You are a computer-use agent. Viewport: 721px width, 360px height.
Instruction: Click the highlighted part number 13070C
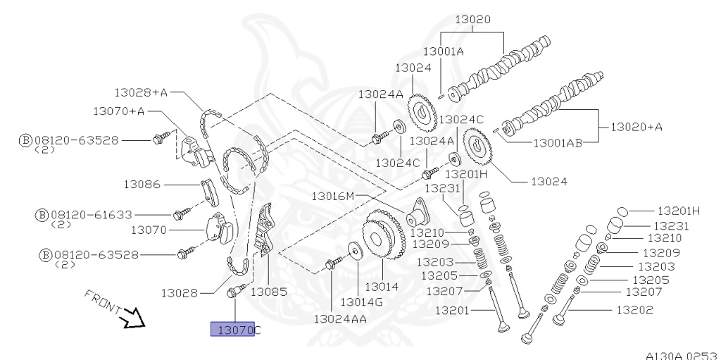tap(236, 329)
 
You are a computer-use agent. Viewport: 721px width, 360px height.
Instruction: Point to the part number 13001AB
tap(558, 142)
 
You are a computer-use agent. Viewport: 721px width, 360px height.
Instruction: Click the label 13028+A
tap(141, 92)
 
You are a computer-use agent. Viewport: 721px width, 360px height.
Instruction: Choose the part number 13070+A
tap(118, 111)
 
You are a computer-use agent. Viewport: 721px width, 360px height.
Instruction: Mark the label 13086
tap(143, 185)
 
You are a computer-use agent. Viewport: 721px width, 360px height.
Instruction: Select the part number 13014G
tap(361, 302)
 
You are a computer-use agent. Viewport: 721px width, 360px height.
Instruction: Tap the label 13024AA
tap(341, 318)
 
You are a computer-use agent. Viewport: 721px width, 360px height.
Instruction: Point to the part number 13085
tap(268, 291)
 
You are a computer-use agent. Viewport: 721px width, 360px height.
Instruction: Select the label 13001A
tap(443, 51)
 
